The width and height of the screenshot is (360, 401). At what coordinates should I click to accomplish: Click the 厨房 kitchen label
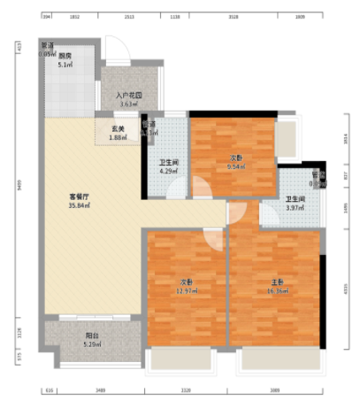tap(65, 59)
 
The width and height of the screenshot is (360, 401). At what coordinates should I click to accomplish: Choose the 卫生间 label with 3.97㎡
tap(295, 203)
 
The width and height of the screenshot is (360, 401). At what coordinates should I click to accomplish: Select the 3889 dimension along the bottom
tap(275, 389)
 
